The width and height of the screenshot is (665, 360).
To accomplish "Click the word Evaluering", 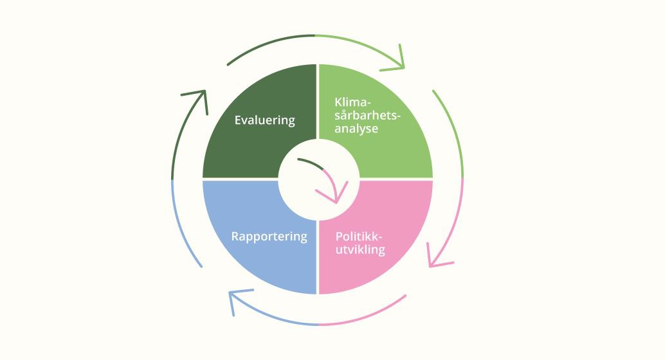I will pos(264,120).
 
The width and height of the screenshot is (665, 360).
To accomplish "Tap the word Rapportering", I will pos(269,236).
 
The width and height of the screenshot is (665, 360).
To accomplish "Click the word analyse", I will pos(356,128).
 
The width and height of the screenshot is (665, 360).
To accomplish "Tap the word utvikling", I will pos(360,249).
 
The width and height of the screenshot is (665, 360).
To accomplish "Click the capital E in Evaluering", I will pos(238,120).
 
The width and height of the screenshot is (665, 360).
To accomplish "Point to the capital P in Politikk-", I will pos(340,236).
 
